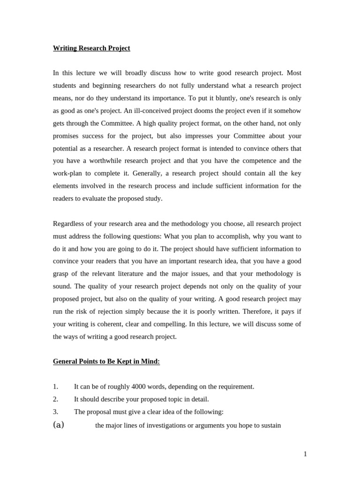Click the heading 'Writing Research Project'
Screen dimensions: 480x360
tap(91, 48)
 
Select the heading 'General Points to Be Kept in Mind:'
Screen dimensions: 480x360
tap(106, 361)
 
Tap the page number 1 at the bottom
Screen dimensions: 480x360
tap(305, 454)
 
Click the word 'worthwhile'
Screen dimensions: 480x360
tap(106, 161)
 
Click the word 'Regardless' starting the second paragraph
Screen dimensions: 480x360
tap(69, 224)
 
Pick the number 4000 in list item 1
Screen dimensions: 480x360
tap(139, 387)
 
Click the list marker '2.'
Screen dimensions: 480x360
tap(55, 399)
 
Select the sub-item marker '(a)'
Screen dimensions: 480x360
tap(59, 425)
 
